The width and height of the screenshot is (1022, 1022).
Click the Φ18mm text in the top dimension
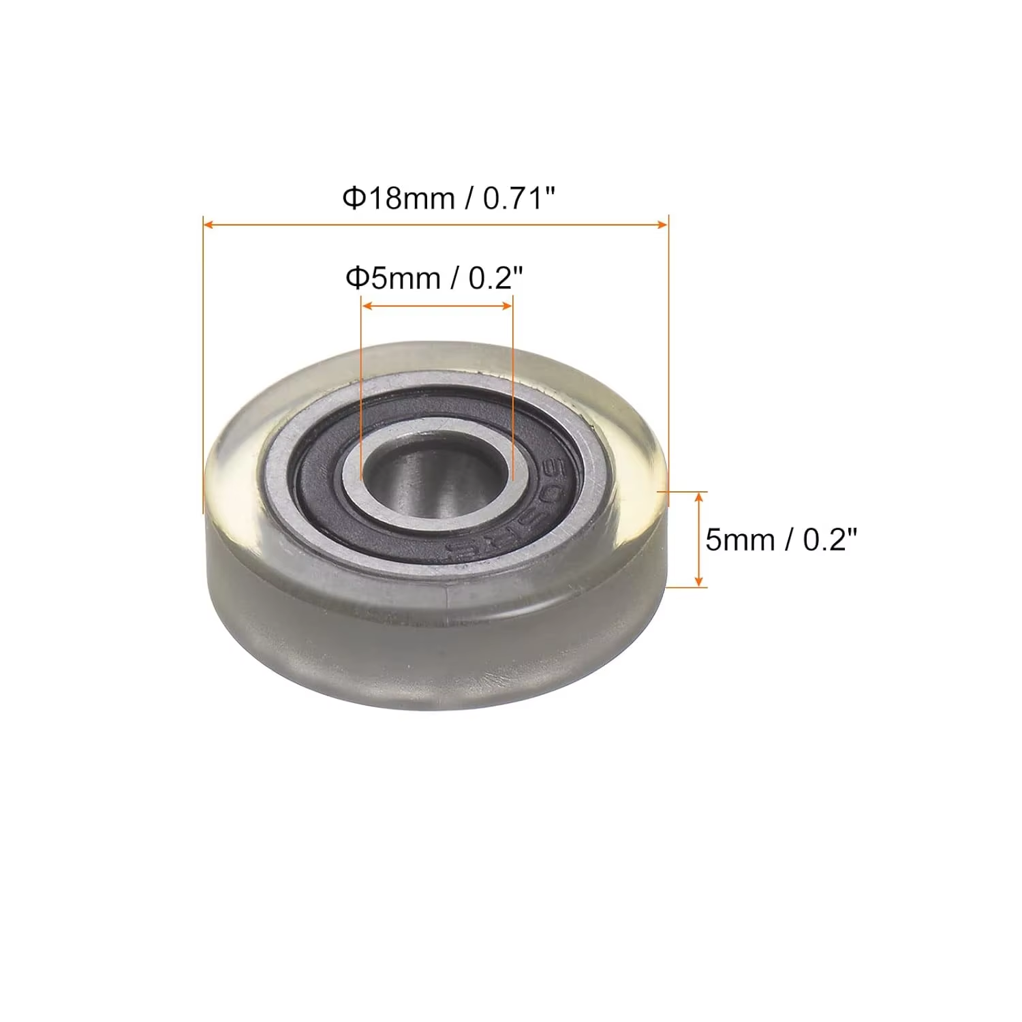coord(398,198)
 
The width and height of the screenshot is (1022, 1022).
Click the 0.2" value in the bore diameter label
coord(496,278)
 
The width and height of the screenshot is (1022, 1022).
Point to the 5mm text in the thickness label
coord(740,540)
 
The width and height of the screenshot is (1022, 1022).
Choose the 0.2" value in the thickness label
coord(829,540)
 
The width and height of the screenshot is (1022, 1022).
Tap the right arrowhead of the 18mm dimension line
coord(662,224)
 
